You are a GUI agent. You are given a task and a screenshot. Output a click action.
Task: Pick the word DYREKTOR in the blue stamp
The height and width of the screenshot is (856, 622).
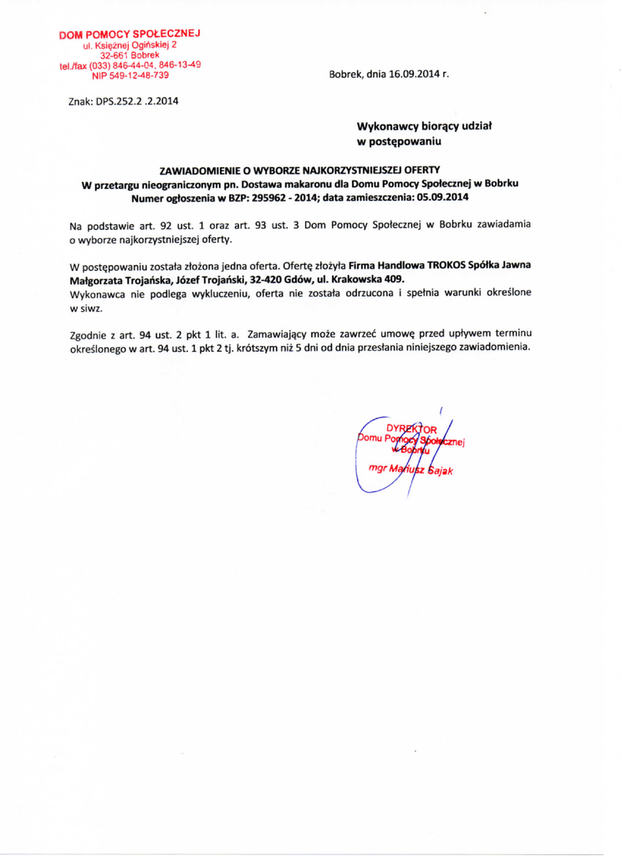click(x=404, y=431)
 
